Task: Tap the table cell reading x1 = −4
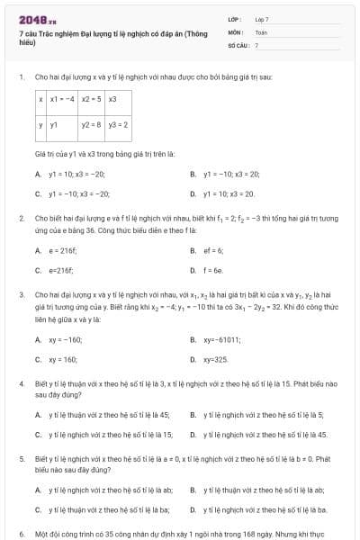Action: click(x=62, y=99)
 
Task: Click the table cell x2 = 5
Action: click(x=91, y=99)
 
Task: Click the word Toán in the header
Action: click(x=261, y=31)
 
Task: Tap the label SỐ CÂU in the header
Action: click(x=238, y=44)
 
